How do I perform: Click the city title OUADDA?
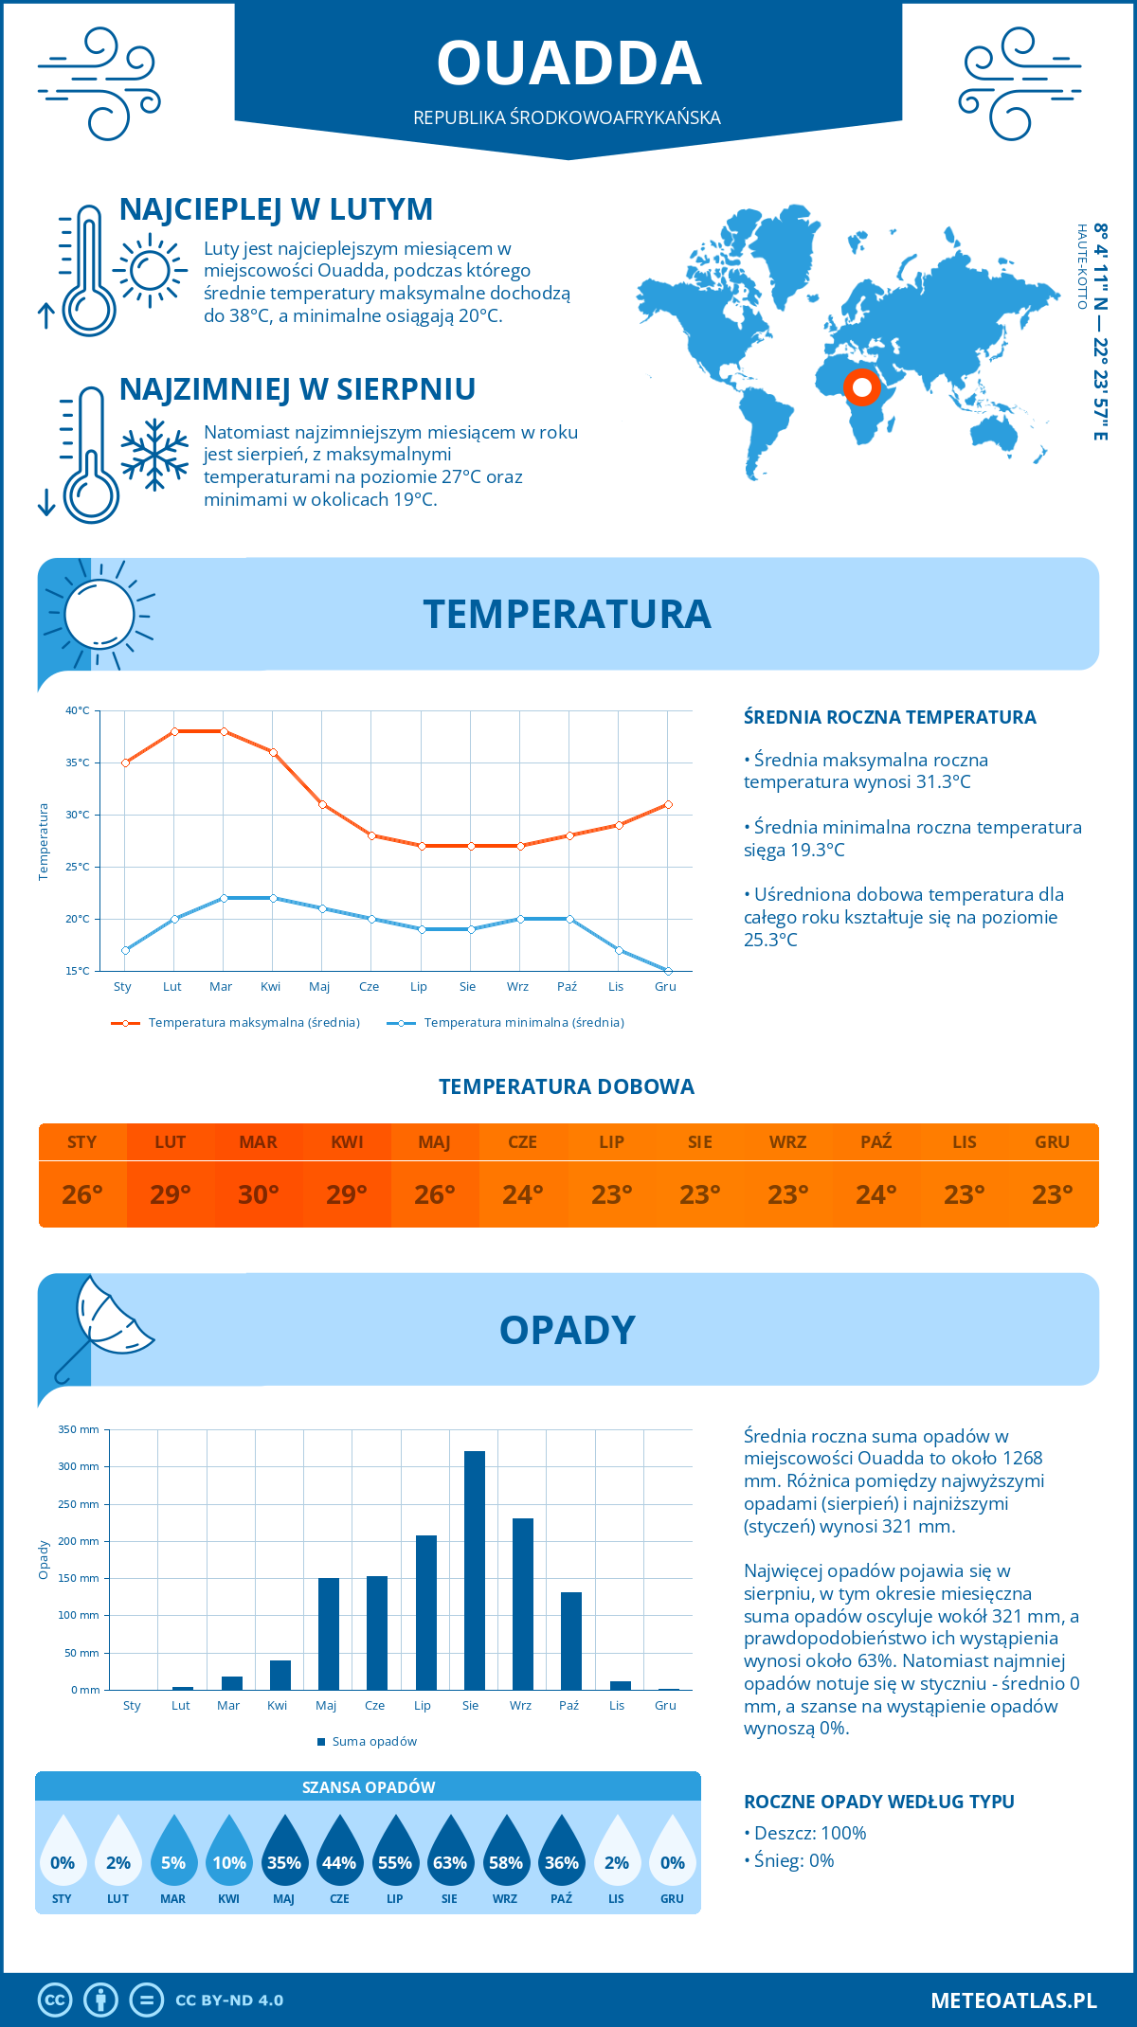568,63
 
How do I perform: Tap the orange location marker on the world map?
862,387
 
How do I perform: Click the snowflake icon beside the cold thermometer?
154,455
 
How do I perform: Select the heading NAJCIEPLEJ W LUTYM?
276,209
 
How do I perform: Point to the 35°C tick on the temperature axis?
78,762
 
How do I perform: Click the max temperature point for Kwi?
273,752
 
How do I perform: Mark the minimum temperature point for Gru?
668,971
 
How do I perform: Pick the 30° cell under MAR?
259,1194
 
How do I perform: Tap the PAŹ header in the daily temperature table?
875,1141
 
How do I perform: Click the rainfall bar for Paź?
570,1641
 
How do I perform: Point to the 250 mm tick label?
79,1504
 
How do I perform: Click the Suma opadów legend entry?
373,1742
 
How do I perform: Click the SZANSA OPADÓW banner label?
368,1787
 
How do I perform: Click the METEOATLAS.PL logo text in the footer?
1013,2000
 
